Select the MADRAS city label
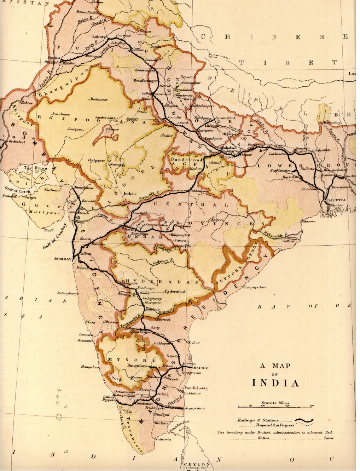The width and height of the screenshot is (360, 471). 201,368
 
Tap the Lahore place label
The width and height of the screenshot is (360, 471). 99,36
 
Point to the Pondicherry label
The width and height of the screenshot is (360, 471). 196,388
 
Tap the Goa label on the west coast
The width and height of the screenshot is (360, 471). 91,322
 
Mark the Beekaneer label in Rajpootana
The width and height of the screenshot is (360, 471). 99,99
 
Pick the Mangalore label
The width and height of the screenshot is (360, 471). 90,367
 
